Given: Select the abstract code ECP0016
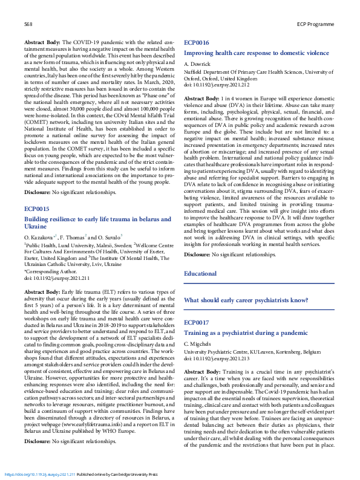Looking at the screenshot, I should pos(197,44).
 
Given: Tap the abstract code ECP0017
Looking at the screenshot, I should pos(197,323).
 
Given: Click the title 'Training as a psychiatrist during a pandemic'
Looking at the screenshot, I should pos(237,333).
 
